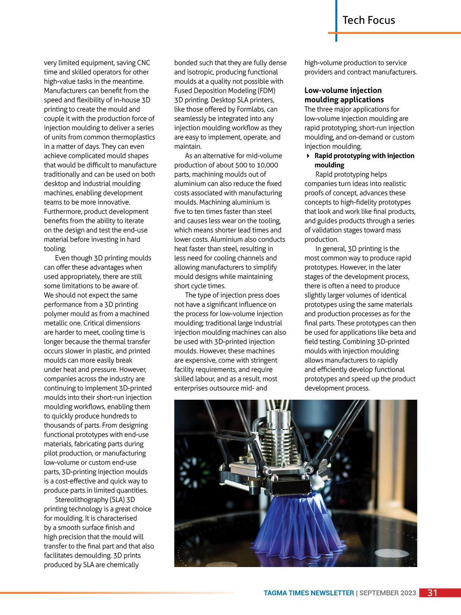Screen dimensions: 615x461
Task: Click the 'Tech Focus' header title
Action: point(368,20)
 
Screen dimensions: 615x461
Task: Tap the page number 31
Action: point(432,593)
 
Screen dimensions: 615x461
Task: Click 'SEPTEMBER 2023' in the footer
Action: point(387,593)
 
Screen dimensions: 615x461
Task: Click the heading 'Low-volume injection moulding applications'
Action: point(344,95)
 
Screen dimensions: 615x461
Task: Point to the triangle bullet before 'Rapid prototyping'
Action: point(308,156)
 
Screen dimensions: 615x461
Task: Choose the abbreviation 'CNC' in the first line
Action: point(143,63)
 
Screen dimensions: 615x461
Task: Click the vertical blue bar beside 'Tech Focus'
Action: point(336,20)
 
